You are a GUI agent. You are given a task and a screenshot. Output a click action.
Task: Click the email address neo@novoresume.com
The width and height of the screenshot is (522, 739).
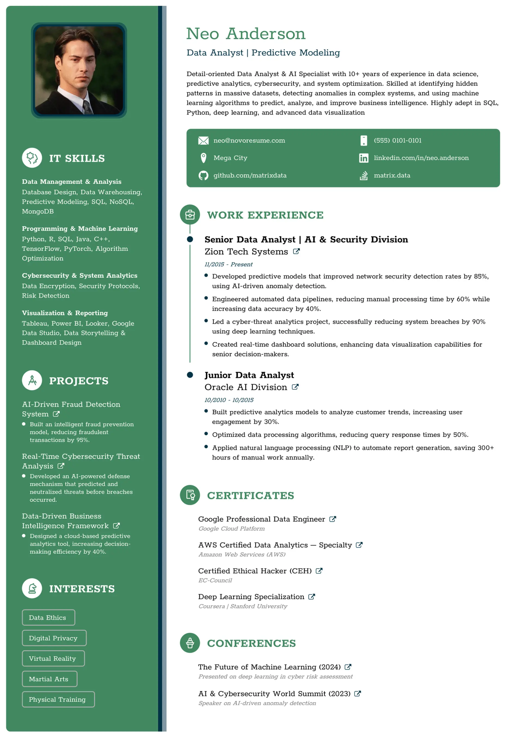(249, 140)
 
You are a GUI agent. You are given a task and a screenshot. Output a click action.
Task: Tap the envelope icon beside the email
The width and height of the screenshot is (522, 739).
(203, 141)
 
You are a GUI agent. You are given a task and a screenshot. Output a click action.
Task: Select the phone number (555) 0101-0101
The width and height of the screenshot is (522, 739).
(397, 140)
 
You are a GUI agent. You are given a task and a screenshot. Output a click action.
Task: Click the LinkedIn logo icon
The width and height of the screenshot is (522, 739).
(363, 158)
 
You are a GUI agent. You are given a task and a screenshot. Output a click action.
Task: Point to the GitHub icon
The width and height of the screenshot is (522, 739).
(203, 175)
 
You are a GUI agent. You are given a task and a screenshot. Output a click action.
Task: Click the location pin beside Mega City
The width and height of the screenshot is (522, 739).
(203, 158)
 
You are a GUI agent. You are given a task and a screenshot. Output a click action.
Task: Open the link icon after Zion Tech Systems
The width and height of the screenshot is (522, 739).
(296, 251)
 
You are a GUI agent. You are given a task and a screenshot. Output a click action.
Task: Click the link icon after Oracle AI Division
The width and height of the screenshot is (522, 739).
(295, 387)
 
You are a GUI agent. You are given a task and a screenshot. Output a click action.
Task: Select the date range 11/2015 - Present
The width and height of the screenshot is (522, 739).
(228, 264)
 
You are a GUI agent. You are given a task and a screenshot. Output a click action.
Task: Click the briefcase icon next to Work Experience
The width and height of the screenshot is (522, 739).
(190, 215)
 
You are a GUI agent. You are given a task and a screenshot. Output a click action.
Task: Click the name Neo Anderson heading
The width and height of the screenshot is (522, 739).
(246, 34)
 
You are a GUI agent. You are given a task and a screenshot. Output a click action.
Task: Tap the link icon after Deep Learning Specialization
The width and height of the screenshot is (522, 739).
(311, 597)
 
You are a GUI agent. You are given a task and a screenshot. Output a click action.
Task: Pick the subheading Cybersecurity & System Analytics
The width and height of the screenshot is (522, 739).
(79, 276)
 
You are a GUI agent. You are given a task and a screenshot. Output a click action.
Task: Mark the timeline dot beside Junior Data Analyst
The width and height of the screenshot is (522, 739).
(190, 375)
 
